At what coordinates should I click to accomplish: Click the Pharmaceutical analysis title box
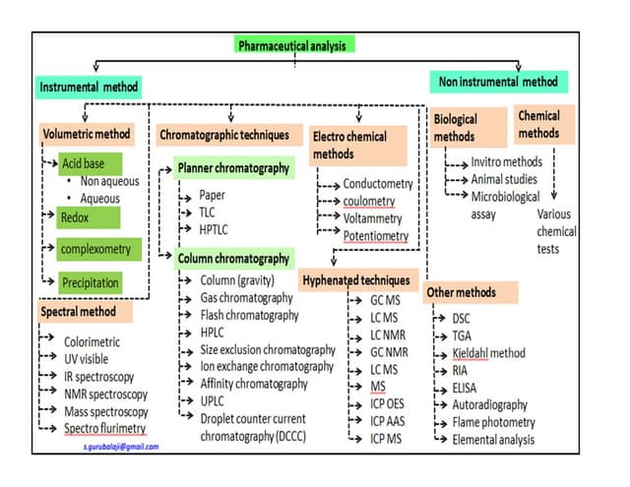(x=294, y=45)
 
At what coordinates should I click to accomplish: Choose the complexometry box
(x=95, y=249)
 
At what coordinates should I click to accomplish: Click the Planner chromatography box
(x=233, y=168)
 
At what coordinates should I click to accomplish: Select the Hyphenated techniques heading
(x=356, y=279)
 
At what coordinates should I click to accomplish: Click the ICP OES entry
(x=388, y=403)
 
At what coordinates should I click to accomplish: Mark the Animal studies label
(x=503, y=178)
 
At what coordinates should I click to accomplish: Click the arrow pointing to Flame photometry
(x=438, y=423)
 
